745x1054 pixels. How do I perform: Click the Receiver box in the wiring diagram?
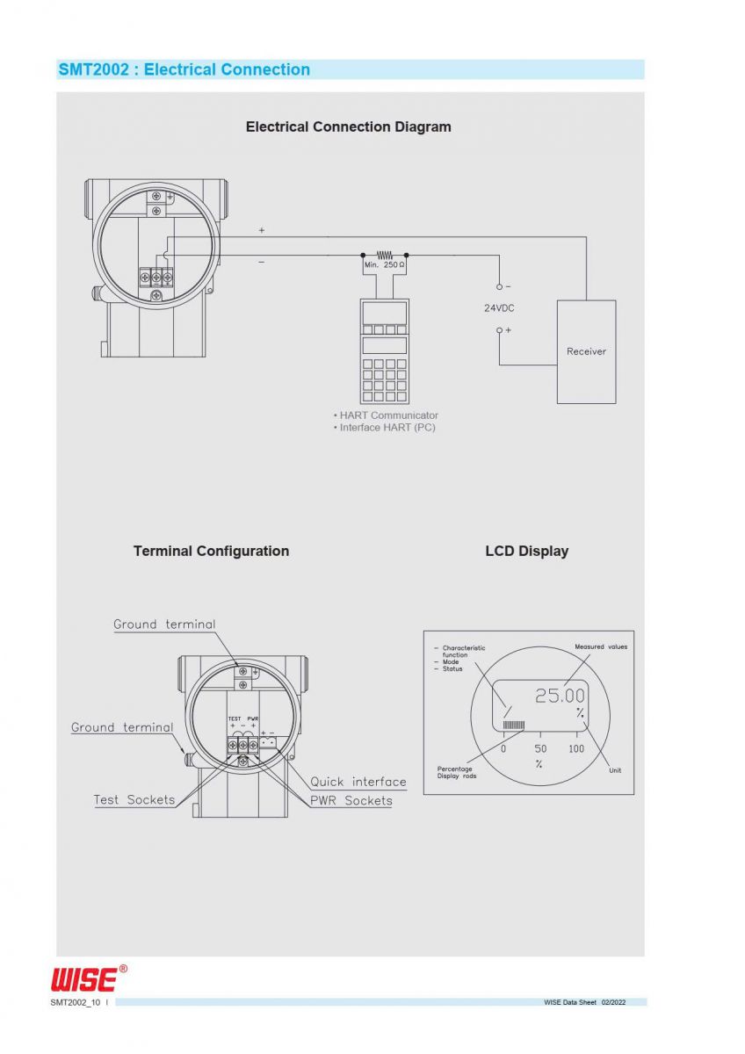point(586,351)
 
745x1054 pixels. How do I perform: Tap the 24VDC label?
point(499,308)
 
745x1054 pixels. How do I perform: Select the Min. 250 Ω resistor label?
point(384,265)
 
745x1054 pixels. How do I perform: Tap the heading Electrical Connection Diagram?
point(348,126)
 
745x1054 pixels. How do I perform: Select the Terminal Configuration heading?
point(212,551)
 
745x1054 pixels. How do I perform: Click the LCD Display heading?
point(526,551)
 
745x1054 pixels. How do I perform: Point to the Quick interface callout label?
point(358,782)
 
